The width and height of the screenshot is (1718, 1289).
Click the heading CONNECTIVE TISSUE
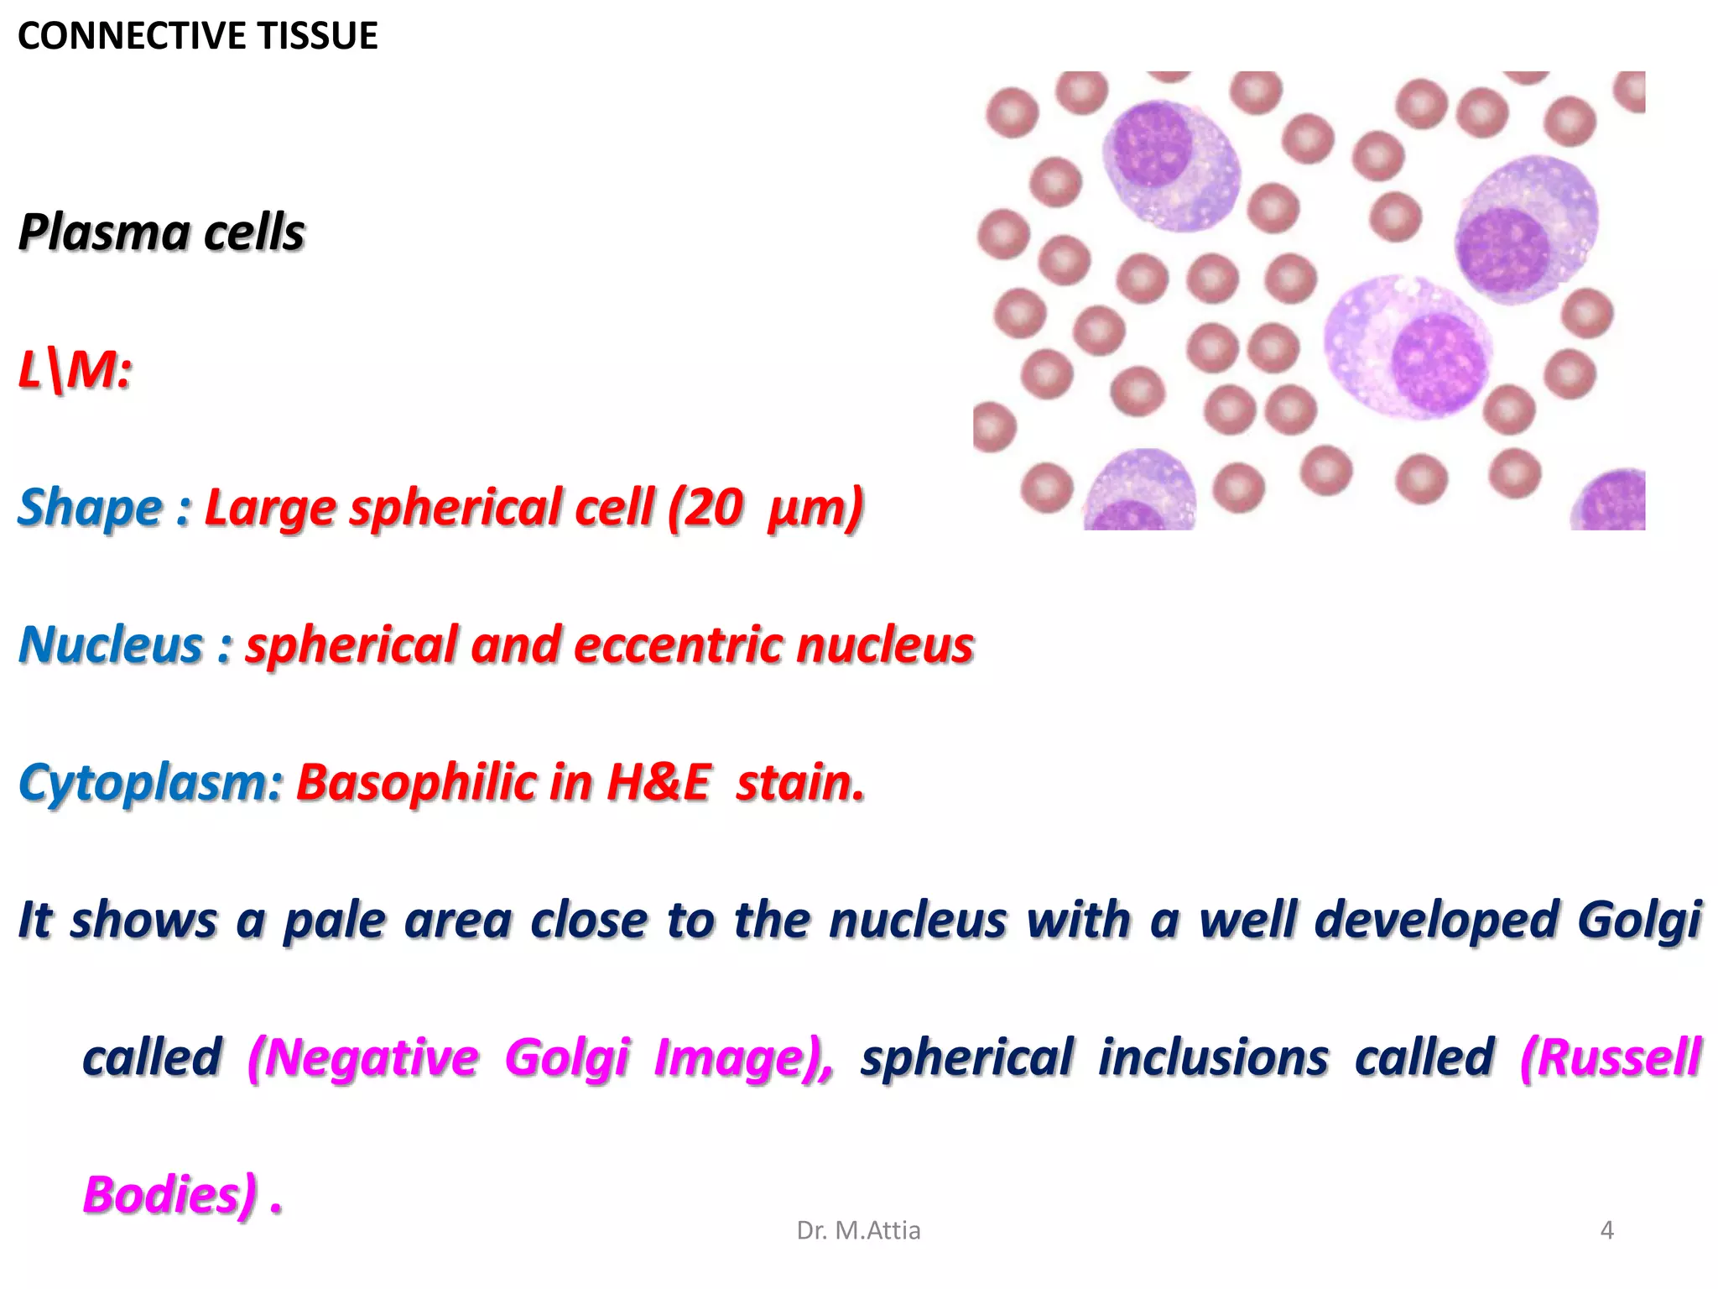pos(197,36)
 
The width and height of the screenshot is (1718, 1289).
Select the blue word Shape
pos(91,508)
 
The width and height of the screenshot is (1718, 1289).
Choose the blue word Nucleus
pos(111,645)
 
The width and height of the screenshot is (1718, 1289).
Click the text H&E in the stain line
pos(658,783)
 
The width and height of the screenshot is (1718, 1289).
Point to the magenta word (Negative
pos(362,1057)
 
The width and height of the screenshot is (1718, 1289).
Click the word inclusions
pos(1213,1057)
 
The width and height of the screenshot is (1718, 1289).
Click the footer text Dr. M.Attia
pos(858,1230)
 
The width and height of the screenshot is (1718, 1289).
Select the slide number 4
pos(1606,1230)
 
